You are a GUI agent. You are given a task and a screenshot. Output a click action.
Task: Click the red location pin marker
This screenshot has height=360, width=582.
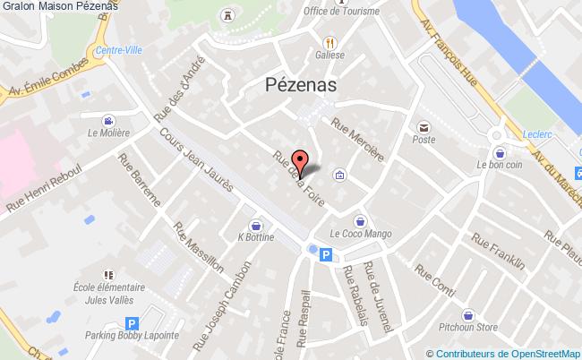pyautogui.click(x=302, y=162)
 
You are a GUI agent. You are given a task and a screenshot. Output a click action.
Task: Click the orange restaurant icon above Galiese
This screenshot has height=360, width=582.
pyautogui.click(x=330, y=42)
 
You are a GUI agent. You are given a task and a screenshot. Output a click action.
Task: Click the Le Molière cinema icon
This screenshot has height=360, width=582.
pyautogui.click(x=108, y=121)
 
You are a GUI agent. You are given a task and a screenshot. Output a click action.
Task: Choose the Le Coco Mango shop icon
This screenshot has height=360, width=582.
pyautogui.click(x=359, y=220)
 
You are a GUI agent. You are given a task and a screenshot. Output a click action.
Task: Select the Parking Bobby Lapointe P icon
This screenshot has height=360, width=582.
pyautogui.click(x=133, y=324)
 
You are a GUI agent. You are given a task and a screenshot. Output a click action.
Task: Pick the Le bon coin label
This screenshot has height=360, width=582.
pyautogui.click(x=498, y=165)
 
